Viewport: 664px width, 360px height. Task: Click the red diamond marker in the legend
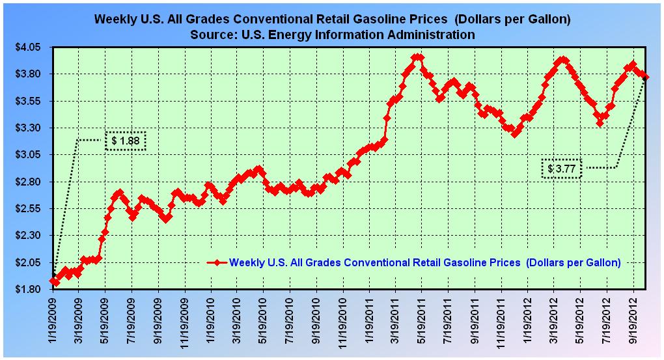pos(215,262)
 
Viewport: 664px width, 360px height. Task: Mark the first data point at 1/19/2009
pos(53,281)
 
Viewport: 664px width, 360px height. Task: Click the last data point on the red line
pos(646,77)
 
